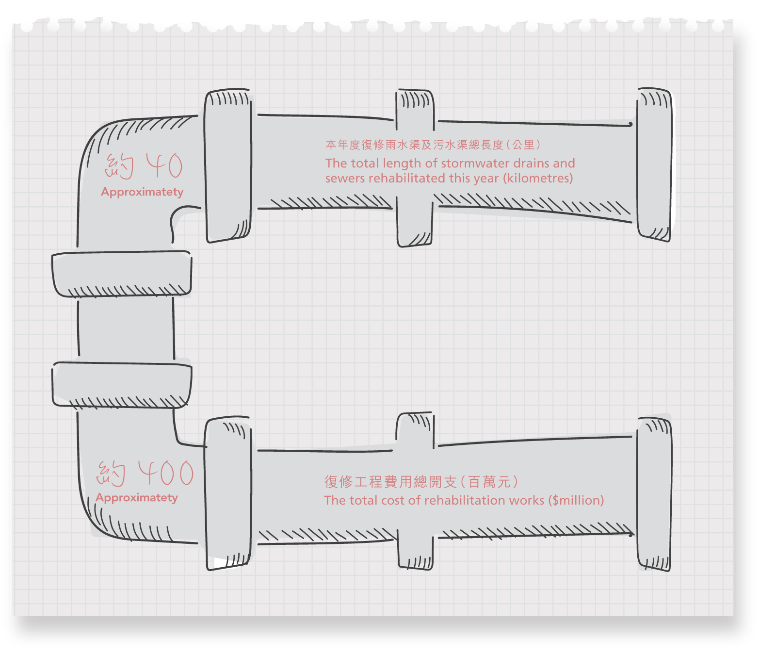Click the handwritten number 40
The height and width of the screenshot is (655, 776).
point(165,165)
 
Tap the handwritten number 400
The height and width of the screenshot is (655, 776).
point(166,473)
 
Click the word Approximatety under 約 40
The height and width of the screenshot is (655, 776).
point(142,192)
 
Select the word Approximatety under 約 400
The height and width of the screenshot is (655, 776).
point(137,498)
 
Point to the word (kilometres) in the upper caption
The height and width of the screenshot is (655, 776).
point(538,178)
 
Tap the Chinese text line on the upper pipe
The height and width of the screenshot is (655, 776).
point(433,145)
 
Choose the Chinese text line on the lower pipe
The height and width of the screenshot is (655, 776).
point(421,482)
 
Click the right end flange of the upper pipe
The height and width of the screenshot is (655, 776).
point(655,164)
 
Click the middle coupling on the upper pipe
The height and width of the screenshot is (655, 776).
point(415,168)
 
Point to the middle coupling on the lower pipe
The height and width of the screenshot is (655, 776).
point(415,491)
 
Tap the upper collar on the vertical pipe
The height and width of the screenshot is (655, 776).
point(122,274)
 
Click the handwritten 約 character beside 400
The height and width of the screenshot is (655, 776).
point(111,474)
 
